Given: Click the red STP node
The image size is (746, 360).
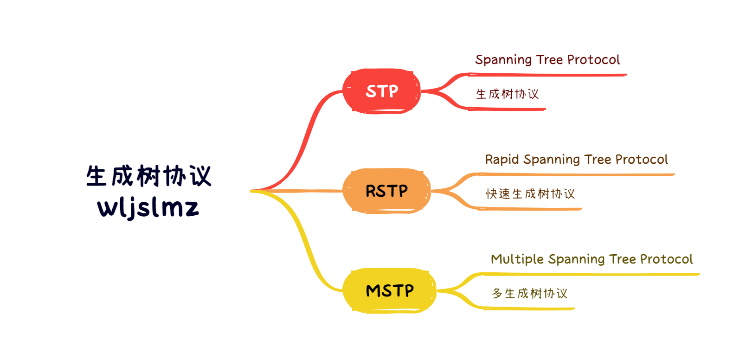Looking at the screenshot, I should [x=381, y=91].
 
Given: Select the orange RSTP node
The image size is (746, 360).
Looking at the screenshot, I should [x=386, y=191].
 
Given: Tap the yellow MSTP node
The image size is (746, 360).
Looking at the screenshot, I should [x=389, y=290].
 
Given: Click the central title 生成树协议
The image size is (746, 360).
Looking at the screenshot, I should [x=148, y=176].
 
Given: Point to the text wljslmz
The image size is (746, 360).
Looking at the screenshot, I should [x=148, y=207].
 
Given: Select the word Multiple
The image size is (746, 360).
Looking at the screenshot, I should [x=517, y=259].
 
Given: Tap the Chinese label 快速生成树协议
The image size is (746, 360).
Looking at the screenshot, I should [x=530, y=194].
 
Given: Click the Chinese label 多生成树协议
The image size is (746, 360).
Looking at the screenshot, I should [x=529, y=294].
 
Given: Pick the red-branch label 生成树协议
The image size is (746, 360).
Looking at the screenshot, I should [x=507, y=94].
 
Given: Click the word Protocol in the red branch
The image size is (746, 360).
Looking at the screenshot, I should [x=593, y=60].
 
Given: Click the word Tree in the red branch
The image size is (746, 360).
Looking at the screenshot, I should [x=549, y=60].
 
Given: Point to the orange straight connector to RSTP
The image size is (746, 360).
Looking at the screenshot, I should [x=297, y=191].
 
